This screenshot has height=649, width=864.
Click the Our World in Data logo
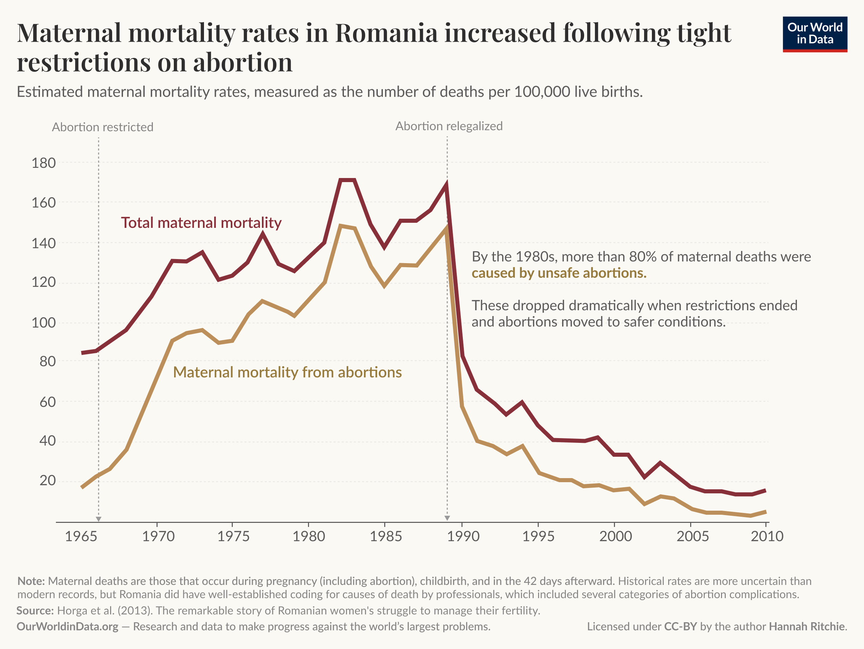pyautogui.click(x=815, y=34)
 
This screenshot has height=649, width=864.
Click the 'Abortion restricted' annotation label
pyautogui.click(x=102, y=127)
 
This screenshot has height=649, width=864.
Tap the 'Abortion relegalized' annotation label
pyautogui.click(x=449, y=126)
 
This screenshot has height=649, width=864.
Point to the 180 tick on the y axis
pyautogui.click(x=43, y=163)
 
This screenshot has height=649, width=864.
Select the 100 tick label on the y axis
pyautogui.click(x=43, y=323)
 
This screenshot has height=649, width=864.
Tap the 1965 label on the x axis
pyautogui.click(x=81, y=536)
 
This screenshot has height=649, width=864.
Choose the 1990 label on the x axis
pyautogui.click(x=463, y=536)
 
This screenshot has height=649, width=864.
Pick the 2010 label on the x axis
pyautogui.click(x=767, y=536)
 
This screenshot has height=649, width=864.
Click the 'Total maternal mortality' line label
pyautogui.click(x=201, y=222)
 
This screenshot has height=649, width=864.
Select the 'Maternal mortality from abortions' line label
pyautogui.click(x=287, y=372)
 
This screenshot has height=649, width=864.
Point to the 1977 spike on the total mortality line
pyautogui.click(x=263, y=234)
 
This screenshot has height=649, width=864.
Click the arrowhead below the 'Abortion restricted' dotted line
pyautogui.click(x=99, y=518)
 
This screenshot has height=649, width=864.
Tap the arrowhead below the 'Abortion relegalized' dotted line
pyautogui.click(x=447, y=518)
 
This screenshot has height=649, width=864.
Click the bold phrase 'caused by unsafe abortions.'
pyautogui.click(x=559, y=273)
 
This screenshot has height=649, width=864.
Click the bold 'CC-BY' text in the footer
pyautogui.click(x=680, y=627)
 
